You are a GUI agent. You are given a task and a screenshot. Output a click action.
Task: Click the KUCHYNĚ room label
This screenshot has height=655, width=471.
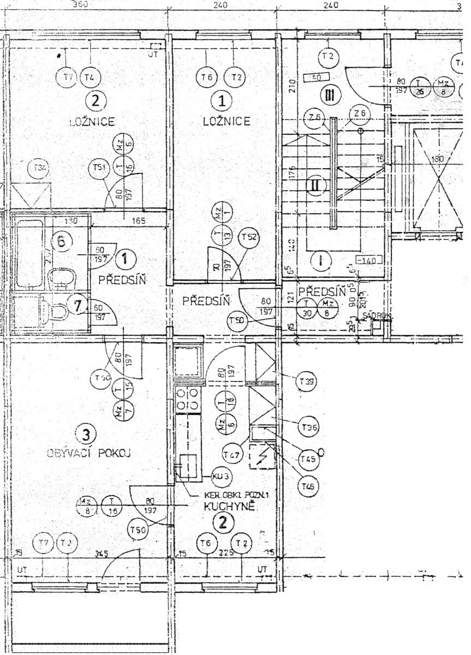click(x=229, y=506)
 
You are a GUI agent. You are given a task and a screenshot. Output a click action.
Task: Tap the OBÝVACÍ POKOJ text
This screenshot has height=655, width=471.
click(x=90, y=452)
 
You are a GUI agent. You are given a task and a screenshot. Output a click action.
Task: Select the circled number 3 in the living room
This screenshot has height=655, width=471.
click(x=86, y=434)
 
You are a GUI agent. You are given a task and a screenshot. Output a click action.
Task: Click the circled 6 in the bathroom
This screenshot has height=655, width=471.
click(x=62, y=241)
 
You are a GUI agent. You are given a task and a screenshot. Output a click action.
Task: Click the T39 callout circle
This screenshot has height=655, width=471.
click(x=307, y=382)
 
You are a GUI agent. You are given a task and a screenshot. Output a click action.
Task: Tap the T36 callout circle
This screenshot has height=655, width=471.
click(x=309, y=428)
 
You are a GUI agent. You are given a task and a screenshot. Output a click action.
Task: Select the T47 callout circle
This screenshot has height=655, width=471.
click(x=232, y=454)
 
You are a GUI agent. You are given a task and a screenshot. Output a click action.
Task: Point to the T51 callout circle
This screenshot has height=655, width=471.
click(x=99, y=168)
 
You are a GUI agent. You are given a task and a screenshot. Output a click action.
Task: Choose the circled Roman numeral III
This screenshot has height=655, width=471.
click(x=330, y=96)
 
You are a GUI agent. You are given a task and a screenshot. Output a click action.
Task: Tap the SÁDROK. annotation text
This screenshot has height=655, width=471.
click(x=374, y=315)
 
